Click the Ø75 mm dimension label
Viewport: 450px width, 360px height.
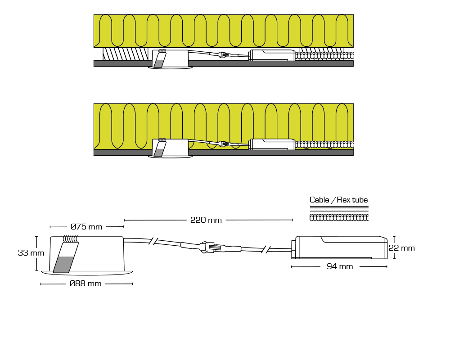pos(86,227)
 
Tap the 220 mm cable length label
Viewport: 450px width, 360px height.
pos(206,220)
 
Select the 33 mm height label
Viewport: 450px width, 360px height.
pos(31,253)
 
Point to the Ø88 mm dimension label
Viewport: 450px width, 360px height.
pos(85,283)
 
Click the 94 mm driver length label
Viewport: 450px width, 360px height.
pos(340,266)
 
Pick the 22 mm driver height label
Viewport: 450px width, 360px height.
pos(402,248)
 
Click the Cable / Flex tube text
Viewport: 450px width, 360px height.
pos(339,200)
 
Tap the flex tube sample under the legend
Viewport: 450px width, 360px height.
pos(339,218)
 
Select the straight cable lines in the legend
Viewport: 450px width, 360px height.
pos(339,209)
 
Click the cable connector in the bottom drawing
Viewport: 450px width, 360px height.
pos(211,247)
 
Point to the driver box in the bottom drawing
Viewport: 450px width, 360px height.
pos(339,247)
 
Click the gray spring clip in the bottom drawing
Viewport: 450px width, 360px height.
pos(66,257)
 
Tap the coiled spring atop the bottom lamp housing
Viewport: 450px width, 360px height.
pos(71,239)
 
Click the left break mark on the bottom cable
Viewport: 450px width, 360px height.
pos(153,242)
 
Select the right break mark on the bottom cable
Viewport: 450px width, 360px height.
pos(266,249)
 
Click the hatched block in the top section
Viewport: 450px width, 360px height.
pos(126,54)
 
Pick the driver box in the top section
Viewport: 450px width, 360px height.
pos(272,55)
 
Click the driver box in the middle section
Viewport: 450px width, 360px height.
pos(272,144)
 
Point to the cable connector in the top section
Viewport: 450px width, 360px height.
pos(223,54)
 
